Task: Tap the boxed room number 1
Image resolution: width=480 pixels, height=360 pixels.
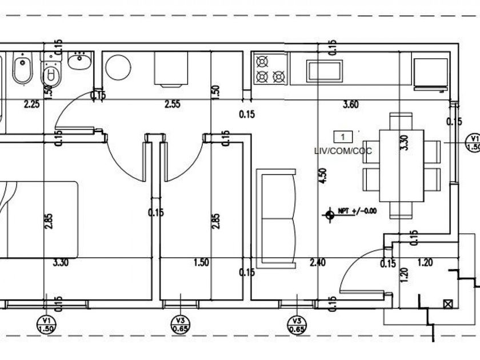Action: [342, 137]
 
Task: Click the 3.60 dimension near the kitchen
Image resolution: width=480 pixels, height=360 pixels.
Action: [350, 104]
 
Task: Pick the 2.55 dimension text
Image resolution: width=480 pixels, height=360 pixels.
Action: [173, 104]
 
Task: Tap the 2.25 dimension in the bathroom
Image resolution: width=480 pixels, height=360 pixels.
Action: [31, 104]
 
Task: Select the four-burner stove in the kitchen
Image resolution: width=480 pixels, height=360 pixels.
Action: [270, 68]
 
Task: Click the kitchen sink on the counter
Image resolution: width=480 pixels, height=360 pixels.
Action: [325, 71]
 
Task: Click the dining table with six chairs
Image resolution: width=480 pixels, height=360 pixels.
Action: [402, 166]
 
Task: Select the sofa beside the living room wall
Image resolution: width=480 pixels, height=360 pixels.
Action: [277, 217]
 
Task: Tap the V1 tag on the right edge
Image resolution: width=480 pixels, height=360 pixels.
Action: [473, 142]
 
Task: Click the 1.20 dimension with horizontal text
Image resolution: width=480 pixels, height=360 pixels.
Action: [425, 263]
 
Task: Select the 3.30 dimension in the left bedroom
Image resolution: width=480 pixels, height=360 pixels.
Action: [61, 263]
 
